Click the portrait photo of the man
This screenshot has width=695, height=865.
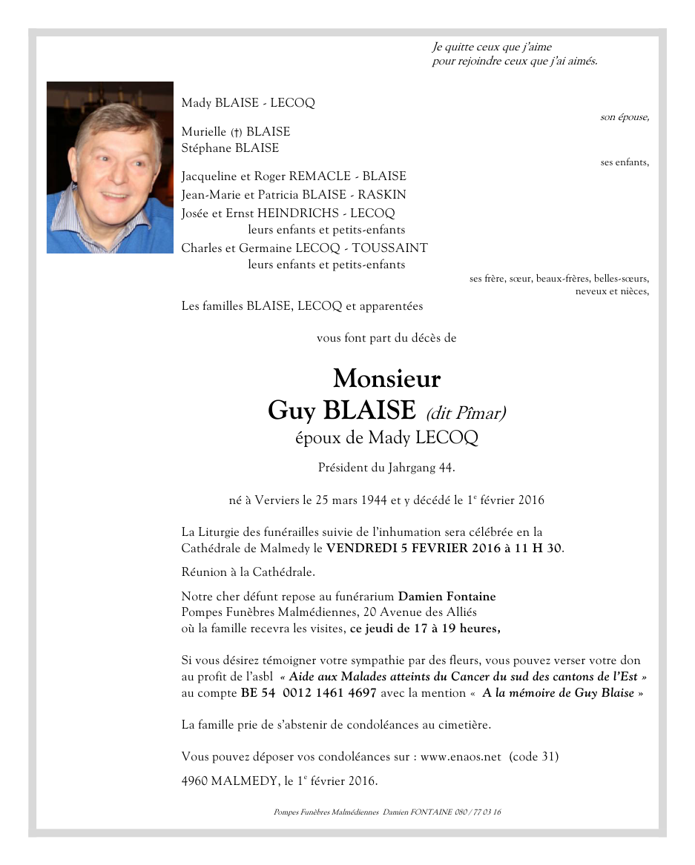tap(110, 168)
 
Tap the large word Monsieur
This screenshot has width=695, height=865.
tap(386, 379)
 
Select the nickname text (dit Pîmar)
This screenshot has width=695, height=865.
tap(466, 413)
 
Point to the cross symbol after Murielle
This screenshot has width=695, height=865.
tap(237, 133)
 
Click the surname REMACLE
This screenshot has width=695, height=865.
tap(320, 176)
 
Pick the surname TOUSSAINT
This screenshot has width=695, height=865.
tap(389, 248)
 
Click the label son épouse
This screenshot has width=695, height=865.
tap(625, 117)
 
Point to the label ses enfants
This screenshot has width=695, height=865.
tap(625, 162)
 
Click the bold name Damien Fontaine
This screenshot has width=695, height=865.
tap(447, 596)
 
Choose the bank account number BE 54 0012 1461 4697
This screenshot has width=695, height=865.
tap(309, 693)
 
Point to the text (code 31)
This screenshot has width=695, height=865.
tap(534, 757)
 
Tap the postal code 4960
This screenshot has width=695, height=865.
tap(195, 781)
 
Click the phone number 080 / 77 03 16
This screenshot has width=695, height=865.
tap(477, 812)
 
